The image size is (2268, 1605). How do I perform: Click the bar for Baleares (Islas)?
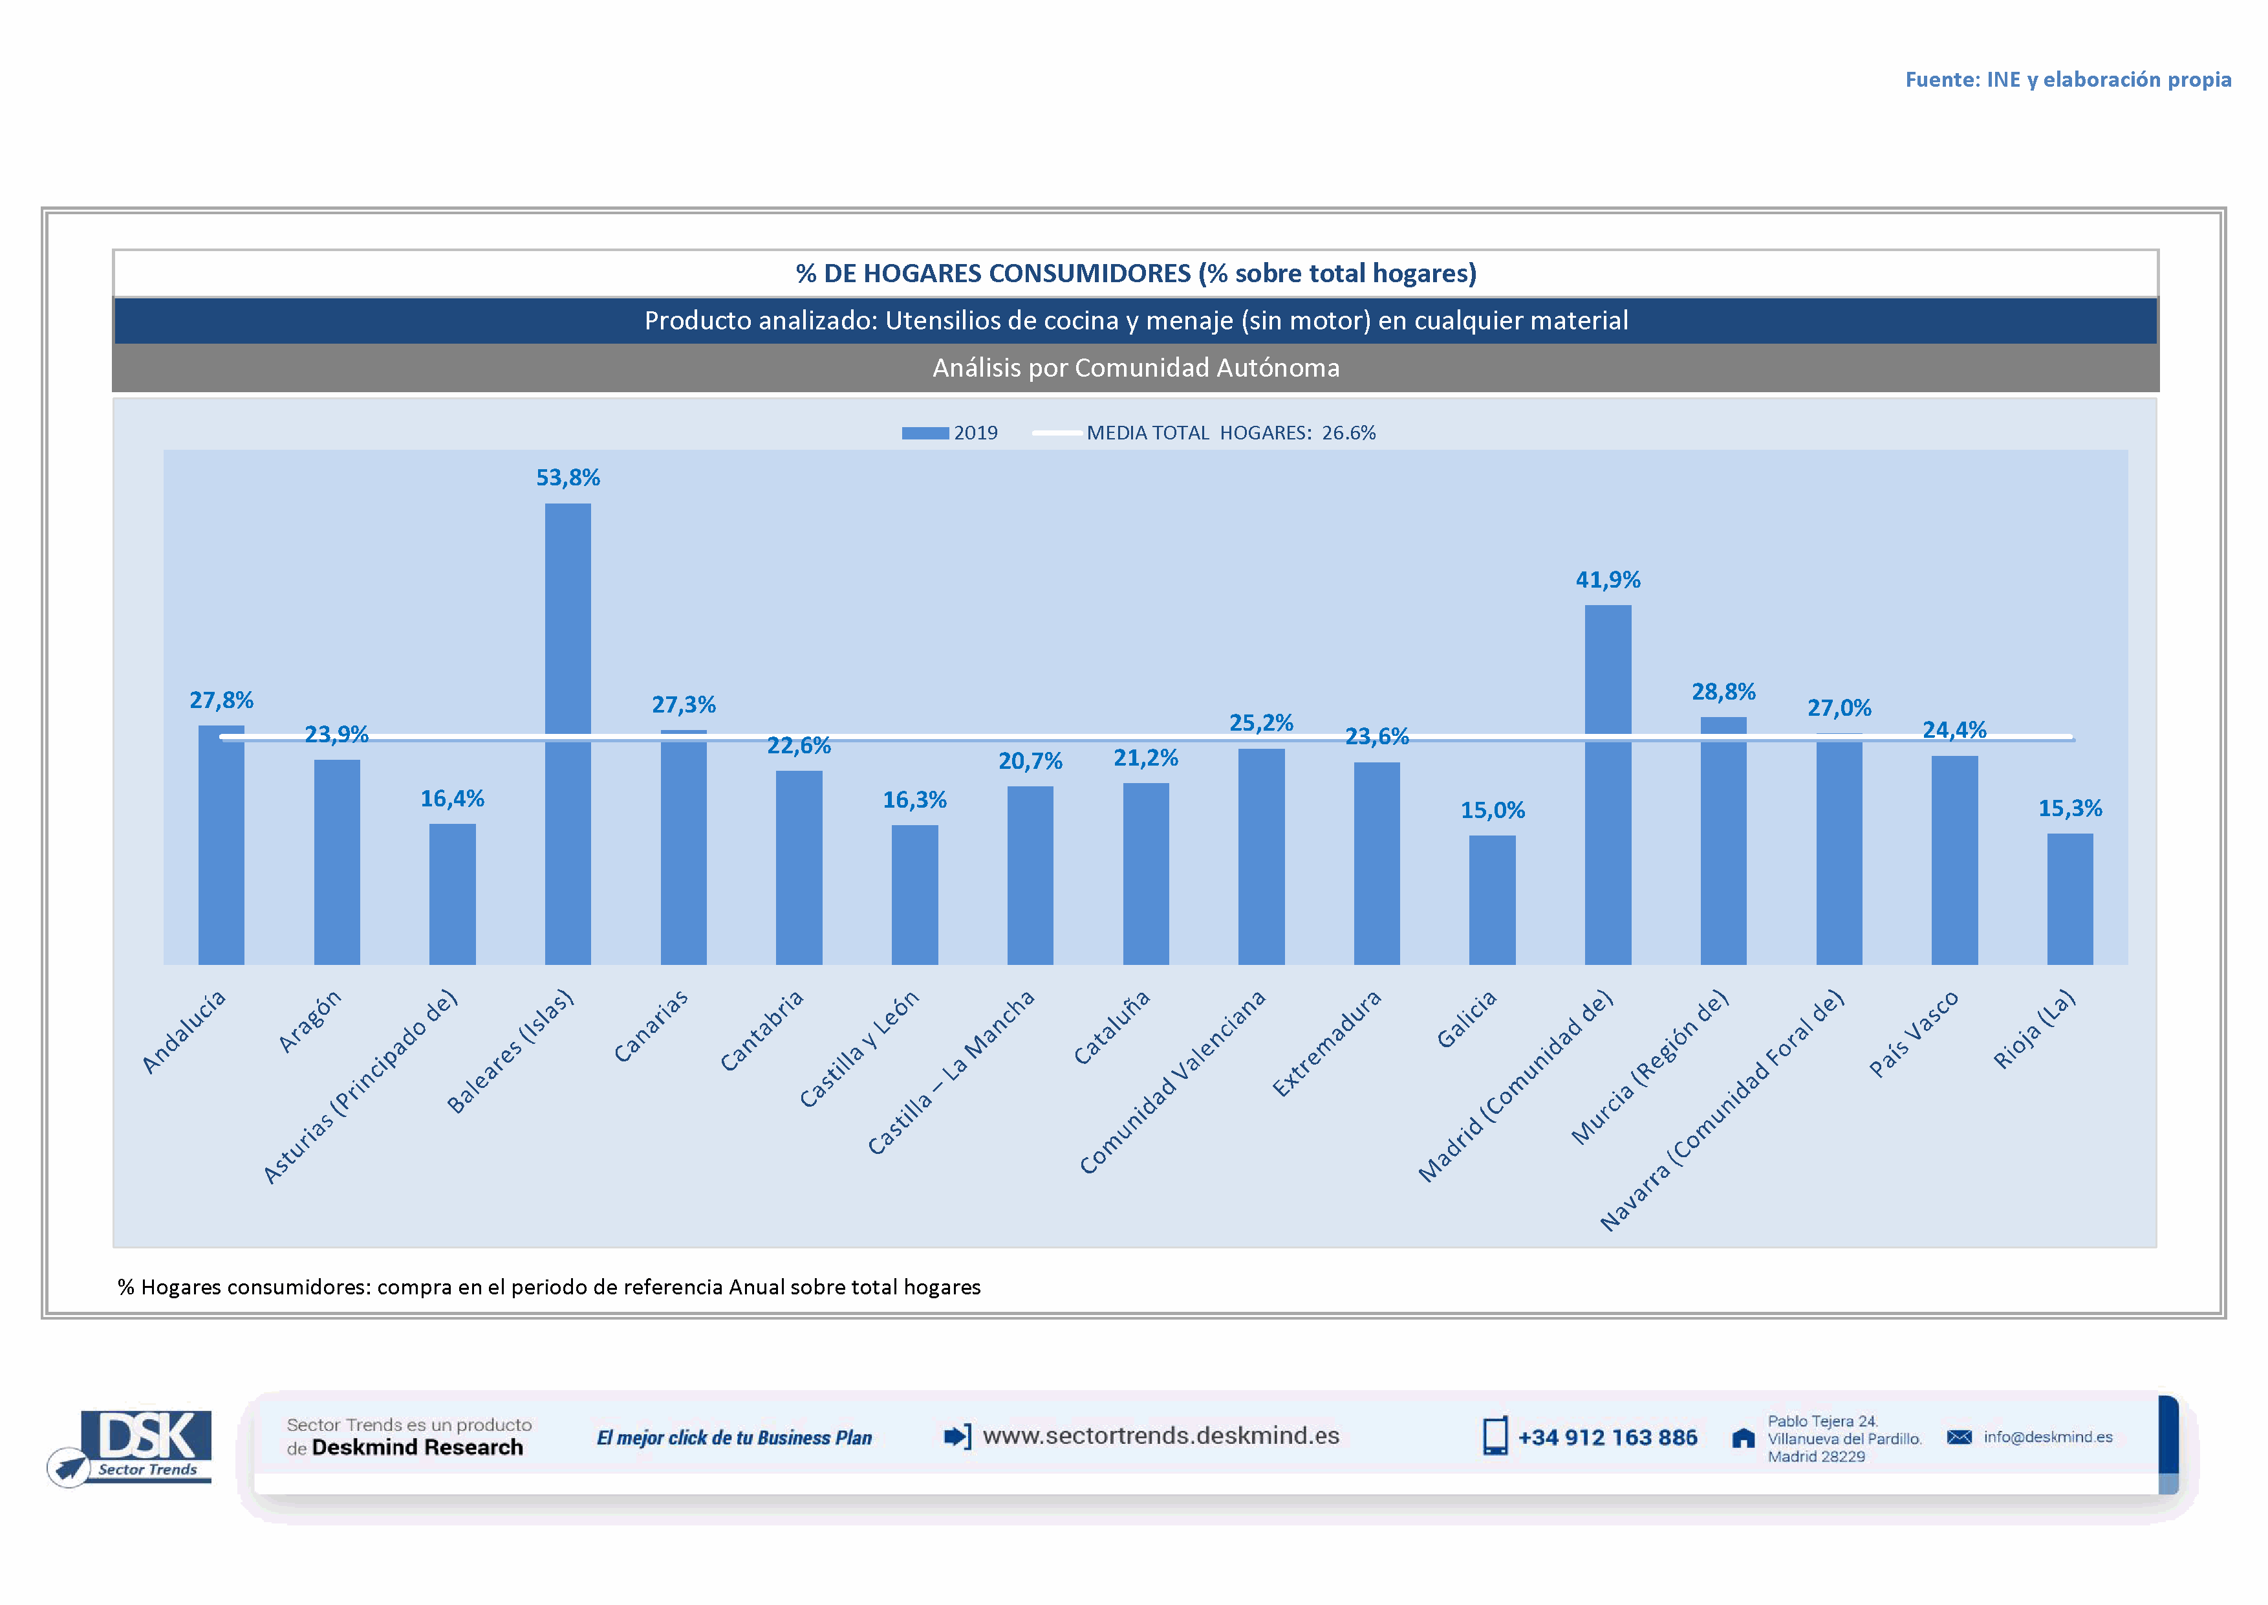pos(568,733)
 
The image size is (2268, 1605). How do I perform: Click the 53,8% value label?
pos(568,478)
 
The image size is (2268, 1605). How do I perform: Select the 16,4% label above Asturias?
pos(453,799)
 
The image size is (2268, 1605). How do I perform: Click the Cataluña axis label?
pos(1112,1028)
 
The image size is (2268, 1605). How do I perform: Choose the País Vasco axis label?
pos(1914,1033)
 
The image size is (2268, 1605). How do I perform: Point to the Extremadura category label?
pos(1326,1044)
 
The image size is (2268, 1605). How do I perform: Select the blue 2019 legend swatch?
pos(925,433)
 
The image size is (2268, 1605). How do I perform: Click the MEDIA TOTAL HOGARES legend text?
pos(1230,433)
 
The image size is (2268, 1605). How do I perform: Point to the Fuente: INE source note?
pos(2068,79)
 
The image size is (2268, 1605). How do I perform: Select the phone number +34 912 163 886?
pos(1606,1437)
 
